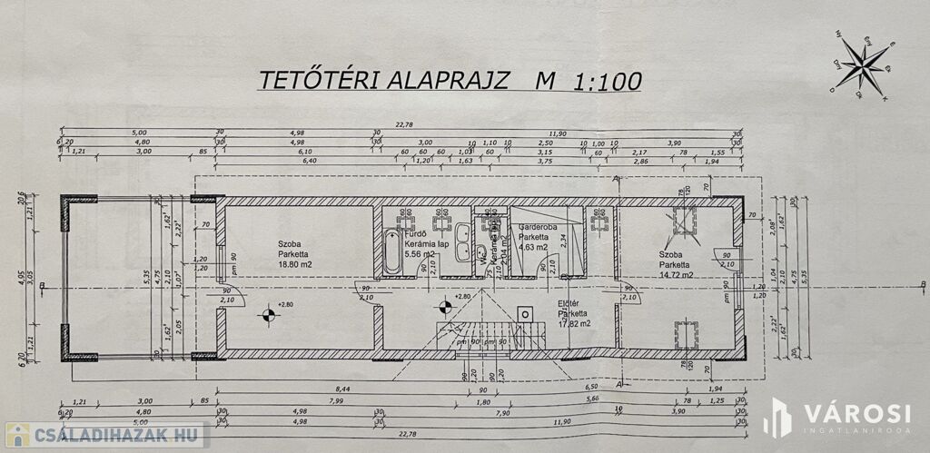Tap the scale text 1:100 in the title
pos(607,82)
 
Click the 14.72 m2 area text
pos(677,274)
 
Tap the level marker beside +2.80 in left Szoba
pos(268,315)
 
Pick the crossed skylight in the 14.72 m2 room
pos(684,220)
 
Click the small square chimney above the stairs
pos(525,314)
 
